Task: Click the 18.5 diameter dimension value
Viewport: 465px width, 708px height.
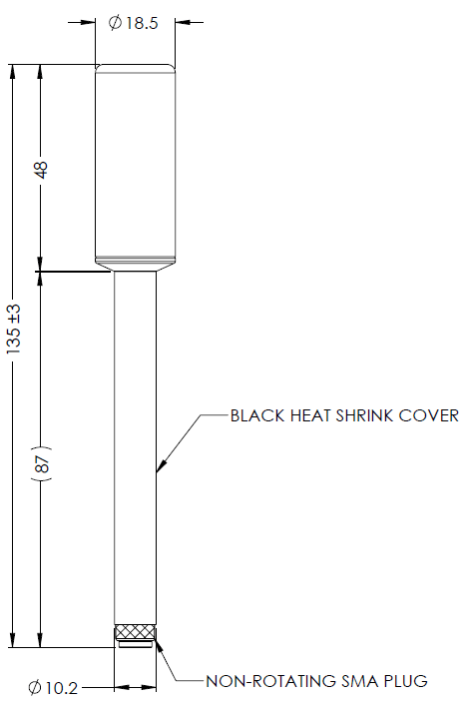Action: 142,23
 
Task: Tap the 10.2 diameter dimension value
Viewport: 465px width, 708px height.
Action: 62,688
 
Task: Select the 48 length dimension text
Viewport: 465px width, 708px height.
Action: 41,170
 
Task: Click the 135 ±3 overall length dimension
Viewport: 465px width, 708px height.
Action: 14,329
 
